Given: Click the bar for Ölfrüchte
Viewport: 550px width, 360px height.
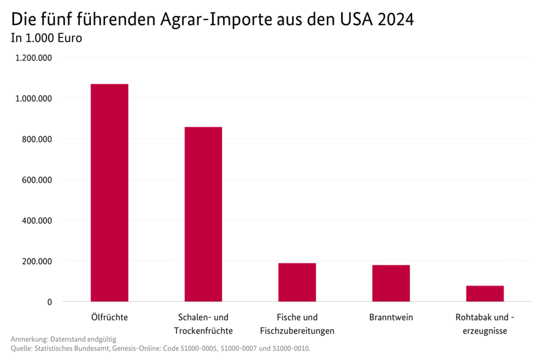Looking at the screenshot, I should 109,193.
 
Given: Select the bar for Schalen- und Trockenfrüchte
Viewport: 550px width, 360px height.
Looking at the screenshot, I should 204,214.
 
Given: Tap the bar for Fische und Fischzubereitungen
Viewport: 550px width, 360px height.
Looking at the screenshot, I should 297,282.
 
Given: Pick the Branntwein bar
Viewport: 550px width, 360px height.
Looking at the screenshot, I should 391,283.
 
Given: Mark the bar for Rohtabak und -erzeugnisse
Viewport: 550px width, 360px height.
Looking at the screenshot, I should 485,293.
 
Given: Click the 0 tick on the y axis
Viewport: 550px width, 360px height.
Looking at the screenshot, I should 49,302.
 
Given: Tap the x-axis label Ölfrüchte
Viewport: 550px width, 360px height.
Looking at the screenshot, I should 109,318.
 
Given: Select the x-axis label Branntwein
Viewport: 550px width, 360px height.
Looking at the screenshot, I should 391,318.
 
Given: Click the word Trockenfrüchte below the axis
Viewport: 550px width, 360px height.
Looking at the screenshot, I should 204,331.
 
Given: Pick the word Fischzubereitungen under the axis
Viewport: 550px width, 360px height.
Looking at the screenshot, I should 297,331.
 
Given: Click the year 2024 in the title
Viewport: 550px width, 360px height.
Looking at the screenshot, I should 396,20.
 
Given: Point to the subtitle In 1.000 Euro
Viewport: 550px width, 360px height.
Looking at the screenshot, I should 46,38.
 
